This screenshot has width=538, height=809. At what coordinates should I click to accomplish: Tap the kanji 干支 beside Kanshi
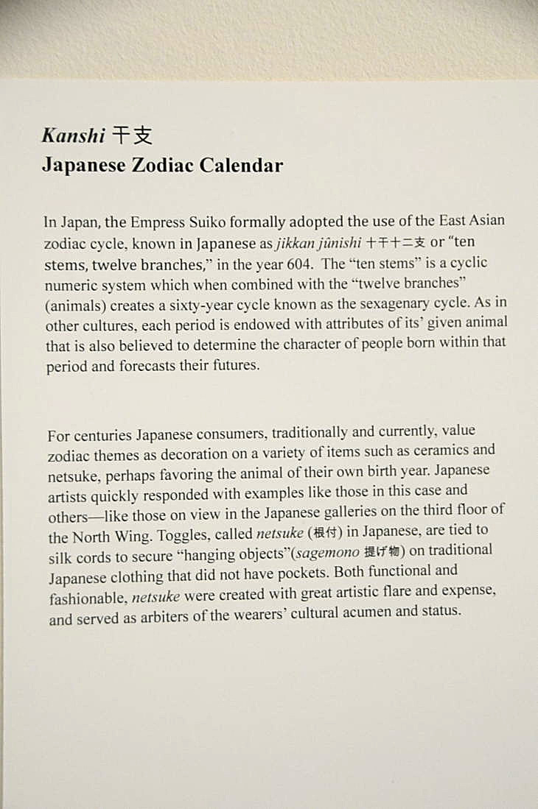click(x=132, y=135)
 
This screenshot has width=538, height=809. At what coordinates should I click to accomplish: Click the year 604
click(x=302, y=264)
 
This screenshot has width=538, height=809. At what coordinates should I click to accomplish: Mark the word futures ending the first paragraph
click(x=237, y=365)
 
